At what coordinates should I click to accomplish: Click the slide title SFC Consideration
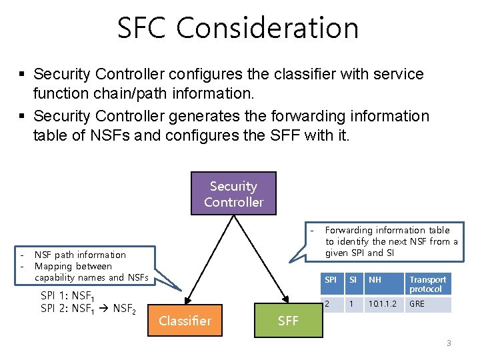[x=238, y=28]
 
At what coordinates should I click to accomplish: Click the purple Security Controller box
[x=233, y=194]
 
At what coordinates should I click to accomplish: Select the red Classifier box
[x=185, y=321]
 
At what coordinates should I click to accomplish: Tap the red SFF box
[x=288, y=321]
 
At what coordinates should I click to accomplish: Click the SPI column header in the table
[x=331, y=280]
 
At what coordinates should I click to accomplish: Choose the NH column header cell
[x=375, y=280]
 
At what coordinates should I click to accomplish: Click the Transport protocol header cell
[x=427, y=284]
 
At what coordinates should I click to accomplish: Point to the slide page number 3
[x=449, y=343]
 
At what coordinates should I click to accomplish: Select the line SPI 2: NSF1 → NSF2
[x=88, y=309]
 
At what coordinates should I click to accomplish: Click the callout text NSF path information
[x=80, y=255]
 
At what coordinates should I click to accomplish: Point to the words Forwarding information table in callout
[x=387, y=230]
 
